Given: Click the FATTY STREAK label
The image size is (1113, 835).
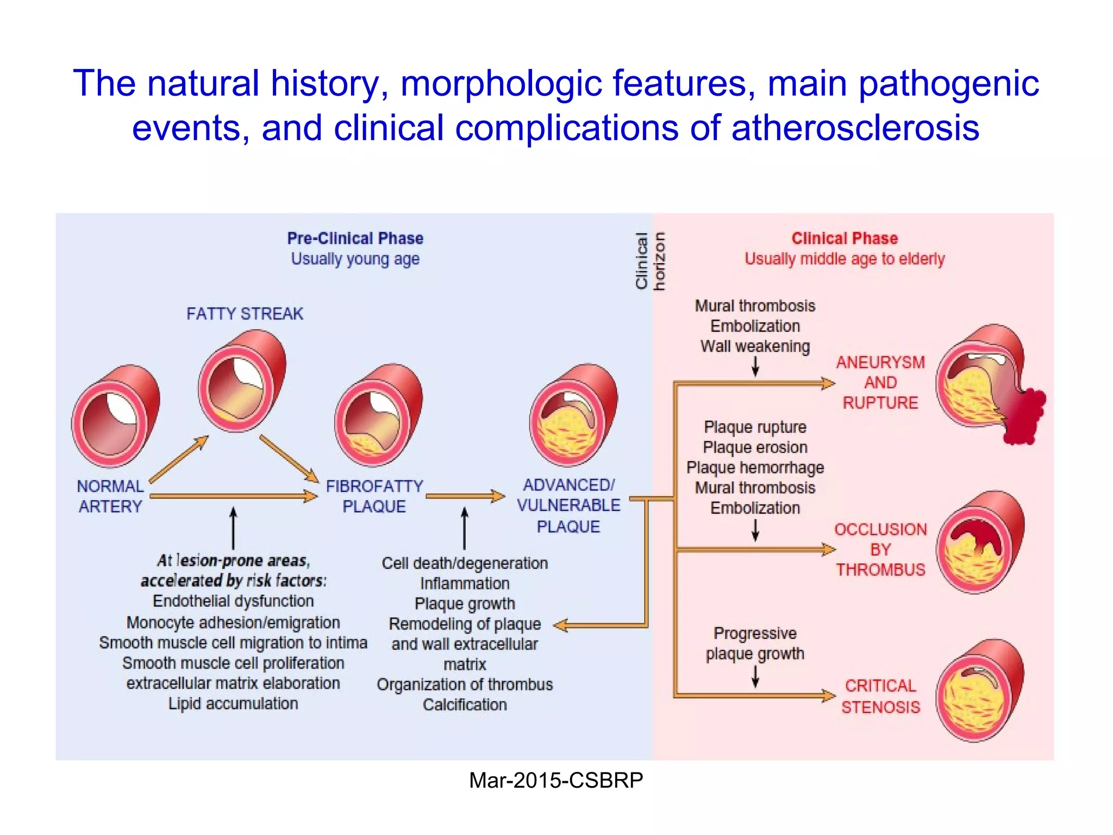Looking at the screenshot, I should (x=245, y=314).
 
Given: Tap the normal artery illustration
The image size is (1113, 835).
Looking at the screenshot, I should (x=115, y=416).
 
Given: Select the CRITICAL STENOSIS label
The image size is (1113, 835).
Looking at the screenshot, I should (x=880, y=696).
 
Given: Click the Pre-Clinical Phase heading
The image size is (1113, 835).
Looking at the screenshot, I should (x=355, y=238).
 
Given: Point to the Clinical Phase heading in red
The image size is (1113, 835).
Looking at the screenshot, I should (x=845, y=238).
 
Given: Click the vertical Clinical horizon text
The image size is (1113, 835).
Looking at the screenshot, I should (x=650, y=261).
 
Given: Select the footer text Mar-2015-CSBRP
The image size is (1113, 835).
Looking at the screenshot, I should (x=556, y=781).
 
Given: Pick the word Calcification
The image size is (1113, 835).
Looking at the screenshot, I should (x=465, y=705).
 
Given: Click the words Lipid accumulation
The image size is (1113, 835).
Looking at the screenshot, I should (x=233, y=703).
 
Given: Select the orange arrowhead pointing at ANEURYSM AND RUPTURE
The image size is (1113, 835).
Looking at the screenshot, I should (x=827, y=384).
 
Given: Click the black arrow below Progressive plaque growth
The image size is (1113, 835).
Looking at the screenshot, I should (x=755, y=676).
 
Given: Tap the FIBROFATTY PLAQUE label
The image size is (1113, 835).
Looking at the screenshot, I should (x=374, y=496).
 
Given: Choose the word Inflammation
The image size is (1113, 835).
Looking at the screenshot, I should (x=465, y=583).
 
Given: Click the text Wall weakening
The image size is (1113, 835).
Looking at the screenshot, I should (x=755, y=346).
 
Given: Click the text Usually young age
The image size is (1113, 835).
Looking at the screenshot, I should (x=355, y=259).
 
